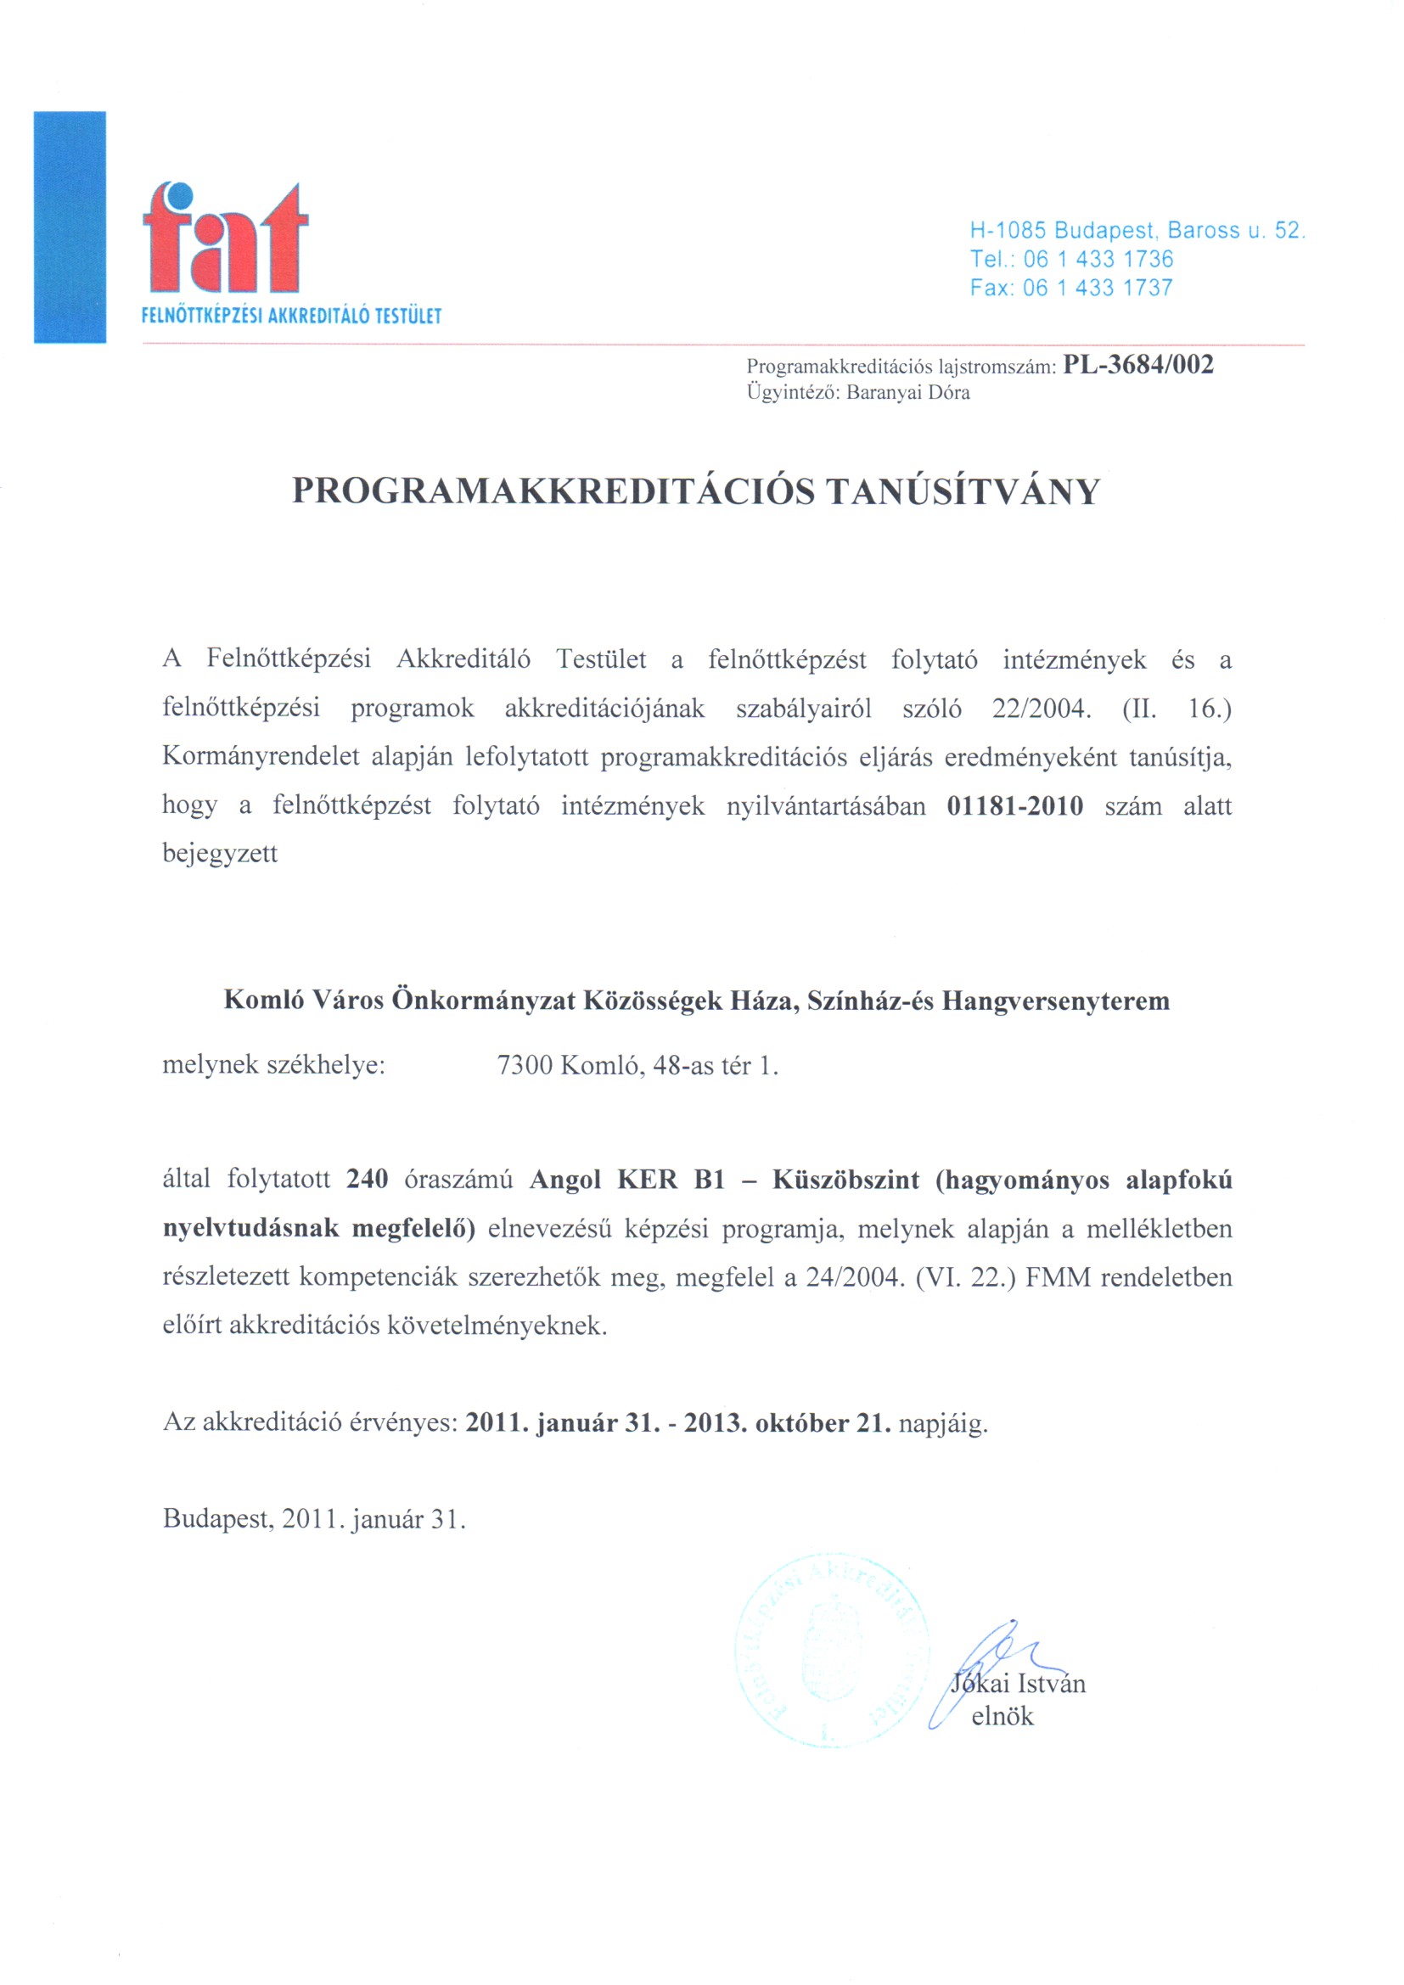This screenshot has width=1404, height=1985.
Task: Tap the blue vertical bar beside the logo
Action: coord(70,227)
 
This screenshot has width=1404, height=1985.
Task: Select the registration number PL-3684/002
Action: coord(1137,364)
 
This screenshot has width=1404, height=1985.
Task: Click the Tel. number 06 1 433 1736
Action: coord(1098,259)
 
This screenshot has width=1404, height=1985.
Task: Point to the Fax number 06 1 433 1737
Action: coord(1098,287)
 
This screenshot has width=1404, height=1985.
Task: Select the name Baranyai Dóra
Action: coord(907,393)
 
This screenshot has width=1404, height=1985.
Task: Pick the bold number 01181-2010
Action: coord(1015,805)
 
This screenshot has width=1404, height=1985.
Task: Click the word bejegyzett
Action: coord(221,855)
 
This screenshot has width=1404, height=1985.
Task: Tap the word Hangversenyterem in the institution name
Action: coord(1056,1001)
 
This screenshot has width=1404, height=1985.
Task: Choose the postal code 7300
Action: coord(525,1065)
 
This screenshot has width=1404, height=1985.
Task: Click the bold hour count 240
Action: coord(368,1180)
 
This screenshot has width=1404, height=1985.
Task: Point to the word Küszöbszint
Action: coord(845,1180)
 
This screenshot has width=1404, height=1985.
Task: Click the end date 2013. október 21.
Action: coord(788,1423)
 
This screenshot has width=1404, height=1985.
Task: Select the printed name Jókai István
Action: coord(1019,1682)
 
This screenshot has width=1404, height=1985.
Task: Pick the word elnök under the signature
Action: coord(1002,1715)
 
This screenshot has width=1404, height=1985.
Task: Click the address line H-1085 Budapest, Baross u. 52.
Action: coord(1137,230)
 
